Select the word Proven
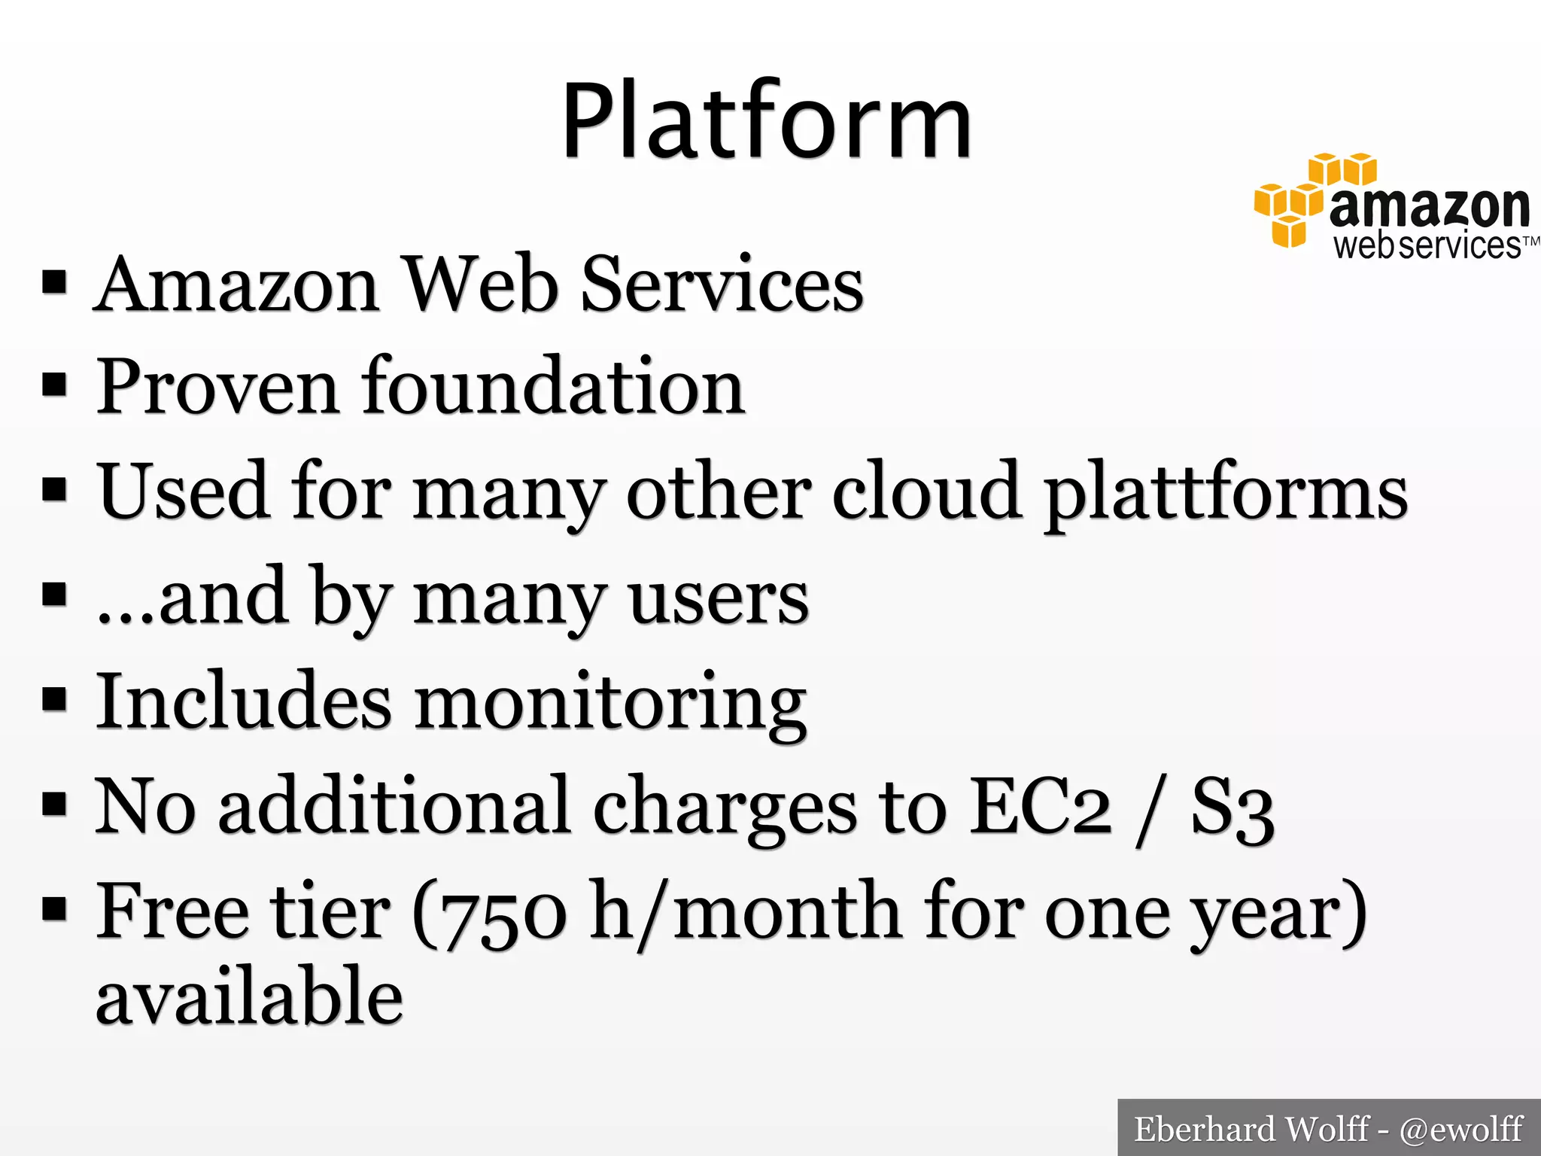217,388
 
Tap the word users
719,599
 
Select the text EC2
1040,807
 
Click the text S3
1232,808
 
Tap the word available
250,996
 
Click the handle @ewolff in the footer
1461,1129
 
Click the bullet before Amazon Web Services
54,282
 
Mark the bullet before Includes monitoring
54,698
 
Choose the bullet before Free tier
54,908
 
